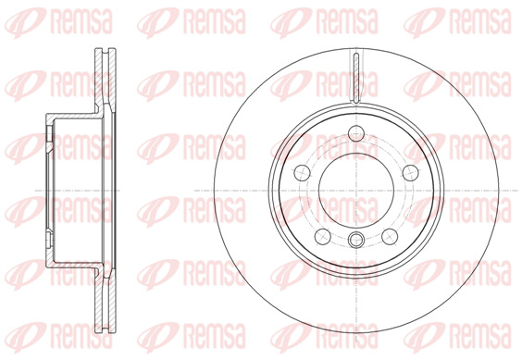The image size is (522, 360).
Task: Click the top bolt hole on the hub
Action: (x=356, y=133)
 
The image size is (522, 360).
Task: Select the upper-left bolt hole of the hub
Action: (x=303, y=173)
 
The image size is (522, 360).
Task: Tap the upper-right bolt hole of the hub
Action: (x=411, y=173)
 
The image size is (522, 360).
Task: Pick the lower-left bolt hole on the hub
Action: (x=323, y=236)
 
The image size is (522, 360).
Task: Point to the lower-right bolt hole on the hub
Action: (x=390, y=236)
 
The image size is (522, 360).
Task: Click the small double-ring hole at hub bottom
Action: (x=356, y=240)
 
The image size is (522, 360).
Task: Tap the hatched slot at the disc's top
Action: (x=356, y=77)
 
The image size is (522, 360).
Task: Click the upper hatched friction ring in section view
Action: (x=105, y=77)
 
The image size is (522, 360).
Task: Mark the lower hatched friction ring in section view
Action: (x=105, y=303)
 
